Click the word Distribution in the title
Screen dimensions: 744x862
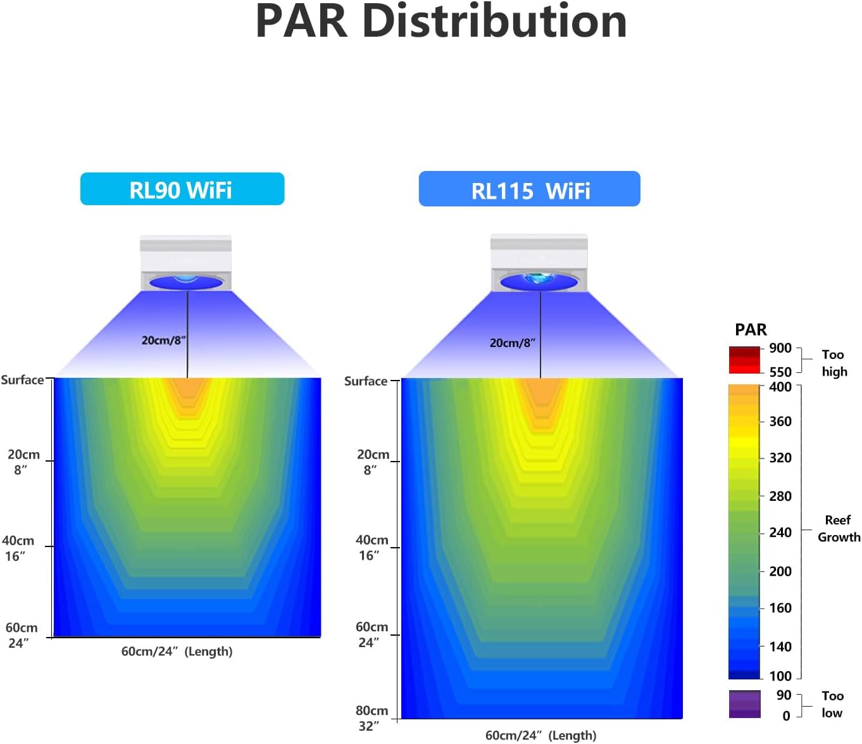494,22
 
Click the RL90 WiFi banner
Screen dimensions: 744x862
182,189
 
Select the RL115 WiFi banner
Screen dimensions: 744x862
530,189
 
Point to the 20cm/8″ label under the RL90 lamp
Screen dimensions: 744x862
163,341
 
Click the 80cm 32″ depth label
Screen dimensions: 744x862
372,718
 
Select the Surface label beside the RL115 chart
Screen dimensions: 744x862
365,381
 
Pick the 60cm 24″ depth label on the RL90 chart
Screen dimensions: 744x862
21,635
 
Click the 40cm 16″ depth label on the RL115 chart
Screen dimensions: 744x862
372,548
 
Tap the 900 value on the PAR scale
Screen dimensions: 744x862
780,348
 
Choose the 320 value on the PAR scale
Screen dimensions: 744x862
780,458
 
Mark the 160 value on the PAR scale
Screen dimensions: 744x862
780,608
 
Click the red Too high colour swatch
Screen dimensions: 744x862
744,360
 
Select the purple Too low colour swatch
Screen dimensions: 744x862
744,704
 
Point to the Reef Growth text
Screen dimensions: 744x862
838,529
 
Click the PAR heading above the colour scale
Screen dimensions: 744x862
751,330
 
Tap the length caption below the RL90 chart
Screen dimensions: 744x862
177,652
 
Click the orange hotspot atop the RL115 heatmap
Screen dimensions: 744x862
541,396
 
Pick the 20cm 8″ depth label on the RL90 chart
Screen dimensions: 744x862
23,462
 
